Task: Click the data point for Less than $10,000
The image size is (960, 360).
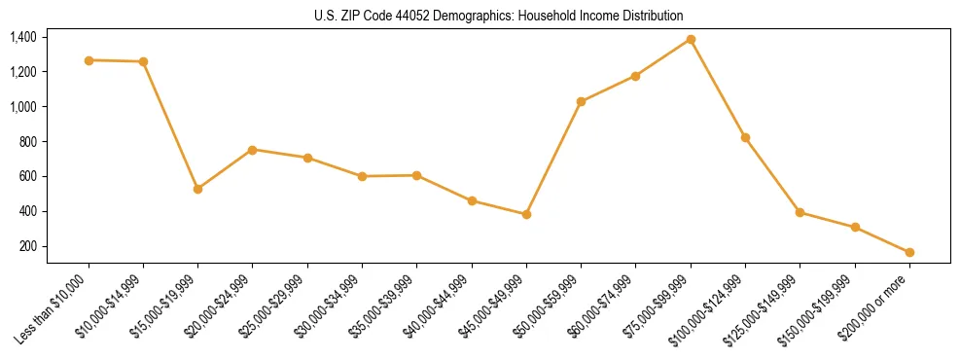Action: (89, 60)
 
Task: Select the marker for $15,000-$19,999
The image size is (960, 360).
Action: (198, 189)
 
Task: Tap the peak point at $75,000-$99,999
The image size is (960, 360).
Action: (691, 39)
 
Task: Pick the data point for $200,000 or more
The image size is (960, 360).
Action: (909, 252)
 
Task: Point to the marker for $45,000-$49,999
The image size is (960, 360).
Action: (526, 214)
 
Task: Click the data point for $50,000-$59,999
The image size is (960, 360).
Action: (581, 101)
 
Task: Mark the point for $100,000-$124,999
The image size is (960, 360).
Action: (745, 137)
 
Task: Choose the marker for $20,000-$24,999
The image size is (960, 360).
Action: (253, 150)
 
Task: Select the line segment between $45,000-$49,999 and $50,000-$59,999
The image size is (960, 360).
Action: (553, 158)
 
